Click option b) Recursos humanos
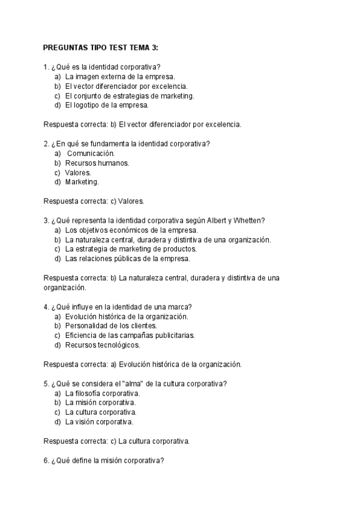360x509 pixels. (x=97, y=163)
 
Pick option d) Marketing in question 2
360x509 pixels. (x=82, y=182)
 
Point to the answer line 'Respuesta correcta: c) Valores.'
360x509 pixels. (x=94, y=201)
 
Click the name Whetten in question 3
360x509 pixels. (x=251, y=220)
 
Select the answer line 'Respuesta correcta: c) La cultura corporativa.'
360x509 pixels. (x=117, y=441)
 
